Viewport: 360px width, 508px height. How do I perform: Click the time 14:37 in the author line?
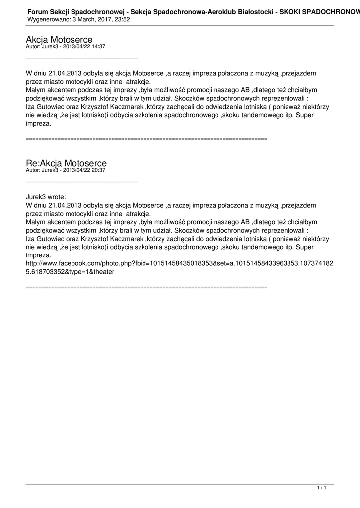coord(99,46)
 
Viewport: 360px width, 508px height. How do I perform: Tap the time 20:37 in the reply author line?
coord(99,170)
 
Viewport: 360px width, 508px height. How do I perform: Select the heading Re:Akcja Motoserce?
coord(66,163)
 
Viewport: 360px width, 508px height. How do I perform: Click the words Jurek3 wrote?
coord(46,197)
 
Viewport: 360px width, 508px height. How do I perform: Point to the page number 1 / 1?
coord(322,489)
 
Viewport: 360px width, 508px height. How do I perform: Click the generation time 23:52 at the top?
coord(122,19)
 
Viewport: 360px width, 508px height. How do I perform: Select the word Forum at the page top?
coord(37,11)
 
